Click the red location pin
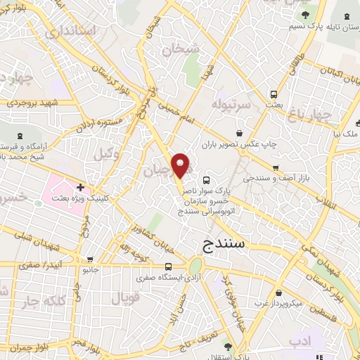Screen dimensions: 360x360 [x=181, y=165]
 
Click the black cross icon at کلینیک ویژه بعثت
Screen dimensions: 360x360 [x=81, y=188]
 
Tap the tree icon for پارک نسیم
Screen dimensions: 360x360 [x=304, y=15]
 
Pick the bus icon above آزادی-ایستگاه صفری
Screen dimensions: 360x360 [x=168, y=266]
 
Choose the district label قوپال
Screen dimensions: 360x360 [x=126, y=297]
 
